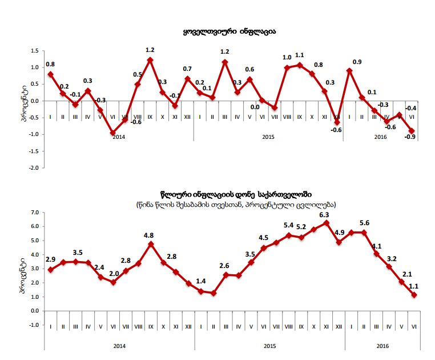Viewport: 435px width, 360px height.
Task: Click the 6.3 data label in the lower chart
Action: pyautogui.click(x=325, y=215)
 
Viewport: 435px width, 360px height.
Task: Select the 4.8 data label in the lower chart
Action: pyautogui.click(x=149, y=235)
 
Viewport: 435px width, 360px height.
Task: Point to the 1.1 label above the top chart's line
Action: pyautogui.click(x=299, y=55)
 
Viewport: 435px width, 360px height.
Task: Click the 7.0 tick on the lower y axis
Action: pyautogui.click(x=33, y=213)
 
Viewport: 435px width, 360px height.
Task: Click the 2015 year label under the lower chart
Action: pyautogui.click(x=269, y=346)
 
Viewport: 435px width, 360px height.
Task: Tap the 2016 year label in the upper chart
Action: pyautogui.click(x=381, y=137)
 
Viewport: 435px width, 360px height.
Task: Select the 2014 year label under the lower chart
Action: pyautogui.click(x=120, y=346)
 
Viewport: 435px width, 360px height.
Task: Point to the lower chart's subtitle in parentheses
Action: pyautogui.click(x=236, y=204)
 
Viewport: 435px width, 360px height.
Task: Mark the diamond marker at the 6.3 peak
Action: pyautogui.click(x=327, y=223)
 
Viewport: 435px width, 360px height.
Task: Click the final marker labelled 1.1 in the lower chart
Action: pyautogui.click(x=414, y=295)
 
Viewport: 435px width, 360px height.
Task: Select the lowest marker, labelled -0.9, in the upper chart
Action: pyautogui.click(x=412, y=131)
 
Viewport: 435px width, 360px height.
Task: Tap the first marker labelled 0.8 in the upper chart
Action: pyautogui.click(x=50, y=74)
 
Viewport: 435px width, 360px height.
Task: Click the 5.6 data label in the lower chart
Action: pyautogui.click(x=364, y=223)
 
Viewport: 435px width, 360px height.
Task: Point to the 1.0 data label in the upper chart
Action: pyautogui.click(x=287, y=58)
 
